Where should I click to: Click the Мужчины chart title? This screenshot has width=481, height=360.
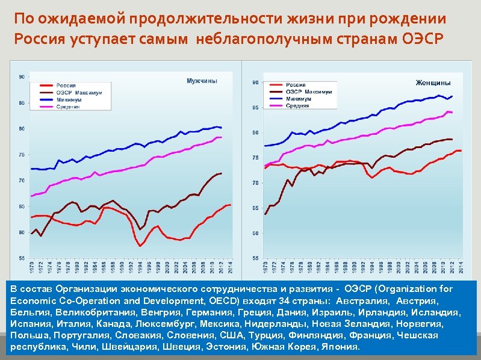coord(202,80)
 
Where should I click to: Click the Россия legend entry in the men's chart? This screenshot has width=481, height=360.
coord(66,86)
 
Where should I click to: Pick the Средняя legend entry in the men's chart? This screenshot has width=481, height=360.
coord(68,107)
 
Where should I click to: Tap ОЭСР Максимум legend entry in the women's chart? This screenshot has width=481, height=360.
coord(308,92)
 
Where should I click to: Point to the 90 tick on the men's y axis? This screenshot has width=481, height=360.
coord(22,77)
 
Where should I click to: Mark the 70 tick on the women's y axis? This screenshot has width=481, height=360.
coord(255,183)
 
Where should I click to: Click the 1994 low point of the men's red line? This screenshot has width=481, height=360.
coord(140,246)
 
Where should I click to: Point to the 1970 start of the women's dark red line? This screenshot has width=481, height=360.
coord(265,214)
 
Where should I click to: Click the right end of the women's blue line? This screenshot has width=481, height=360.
coord(452,96)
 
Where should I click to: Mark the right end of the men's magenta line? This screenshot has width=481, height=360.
coord(222,137)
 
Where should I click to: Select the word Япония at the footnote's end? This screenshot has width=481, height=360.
coord(340,347)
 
